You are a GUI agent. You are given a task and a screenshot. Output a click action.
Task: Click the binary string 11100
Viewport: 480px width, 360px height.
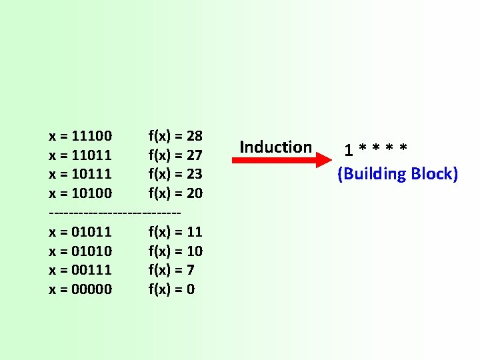point(93,136)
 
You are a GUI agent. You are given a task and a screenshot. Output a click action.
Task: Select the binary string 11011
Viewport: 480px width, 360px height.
point(93,155)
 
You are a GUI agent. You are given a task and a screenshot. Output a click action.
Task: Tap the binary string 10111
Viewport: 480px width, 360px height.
point(93,174)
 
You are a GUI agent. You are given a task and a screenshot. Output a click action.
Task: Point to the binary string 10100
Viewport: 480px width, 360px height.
point(93,193)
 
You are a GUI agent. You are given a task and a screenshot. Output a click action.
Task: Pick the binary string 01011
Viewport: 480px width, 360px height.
point(93,232)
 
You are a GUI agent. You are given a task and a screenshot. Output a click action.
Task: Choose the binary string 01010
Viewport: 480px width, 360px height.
point(93,251)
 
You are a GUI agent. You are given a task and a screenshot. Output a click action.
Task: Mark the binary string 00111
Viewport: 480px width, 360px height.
point(93,270)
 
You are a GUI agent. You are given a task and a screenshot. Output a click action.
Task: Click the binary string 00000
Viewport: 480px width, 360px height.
point(93,289)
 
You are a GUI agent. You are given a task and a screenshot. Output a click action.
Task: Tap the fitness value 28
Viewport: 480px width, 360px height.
point(194,136)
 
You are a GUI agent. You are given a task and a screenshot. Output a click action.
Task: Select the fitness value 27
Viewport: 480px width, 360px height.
point(194,155)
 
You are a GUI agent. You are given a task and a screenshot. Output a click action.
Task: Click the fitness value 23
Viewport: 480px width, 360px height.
point(194,174)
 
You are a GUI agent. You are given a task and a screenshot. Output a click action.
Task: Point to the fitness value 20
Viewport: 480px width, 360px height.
point(194,193)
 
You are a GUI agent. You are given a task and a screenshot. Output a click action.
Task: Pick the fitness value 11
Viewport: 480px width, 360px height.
point(194,232)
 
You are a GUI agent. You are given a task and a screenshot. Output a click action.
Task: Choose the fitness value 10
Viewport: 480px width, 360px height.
point(194,251)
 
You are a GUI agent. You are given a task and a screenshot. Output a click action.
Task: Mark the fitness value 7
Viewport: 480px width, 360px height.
point(190,270)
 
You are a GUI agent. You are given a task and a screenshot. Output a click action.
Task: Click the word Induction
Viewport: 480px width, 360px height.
point(275,147)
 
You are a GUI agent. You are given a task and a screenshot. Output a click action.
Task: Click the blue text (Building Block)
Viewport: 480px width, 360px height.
point(397,174)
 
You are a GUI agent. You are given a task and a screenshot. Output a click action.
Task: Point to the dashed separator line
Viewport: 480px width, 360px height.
point(115,213)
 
